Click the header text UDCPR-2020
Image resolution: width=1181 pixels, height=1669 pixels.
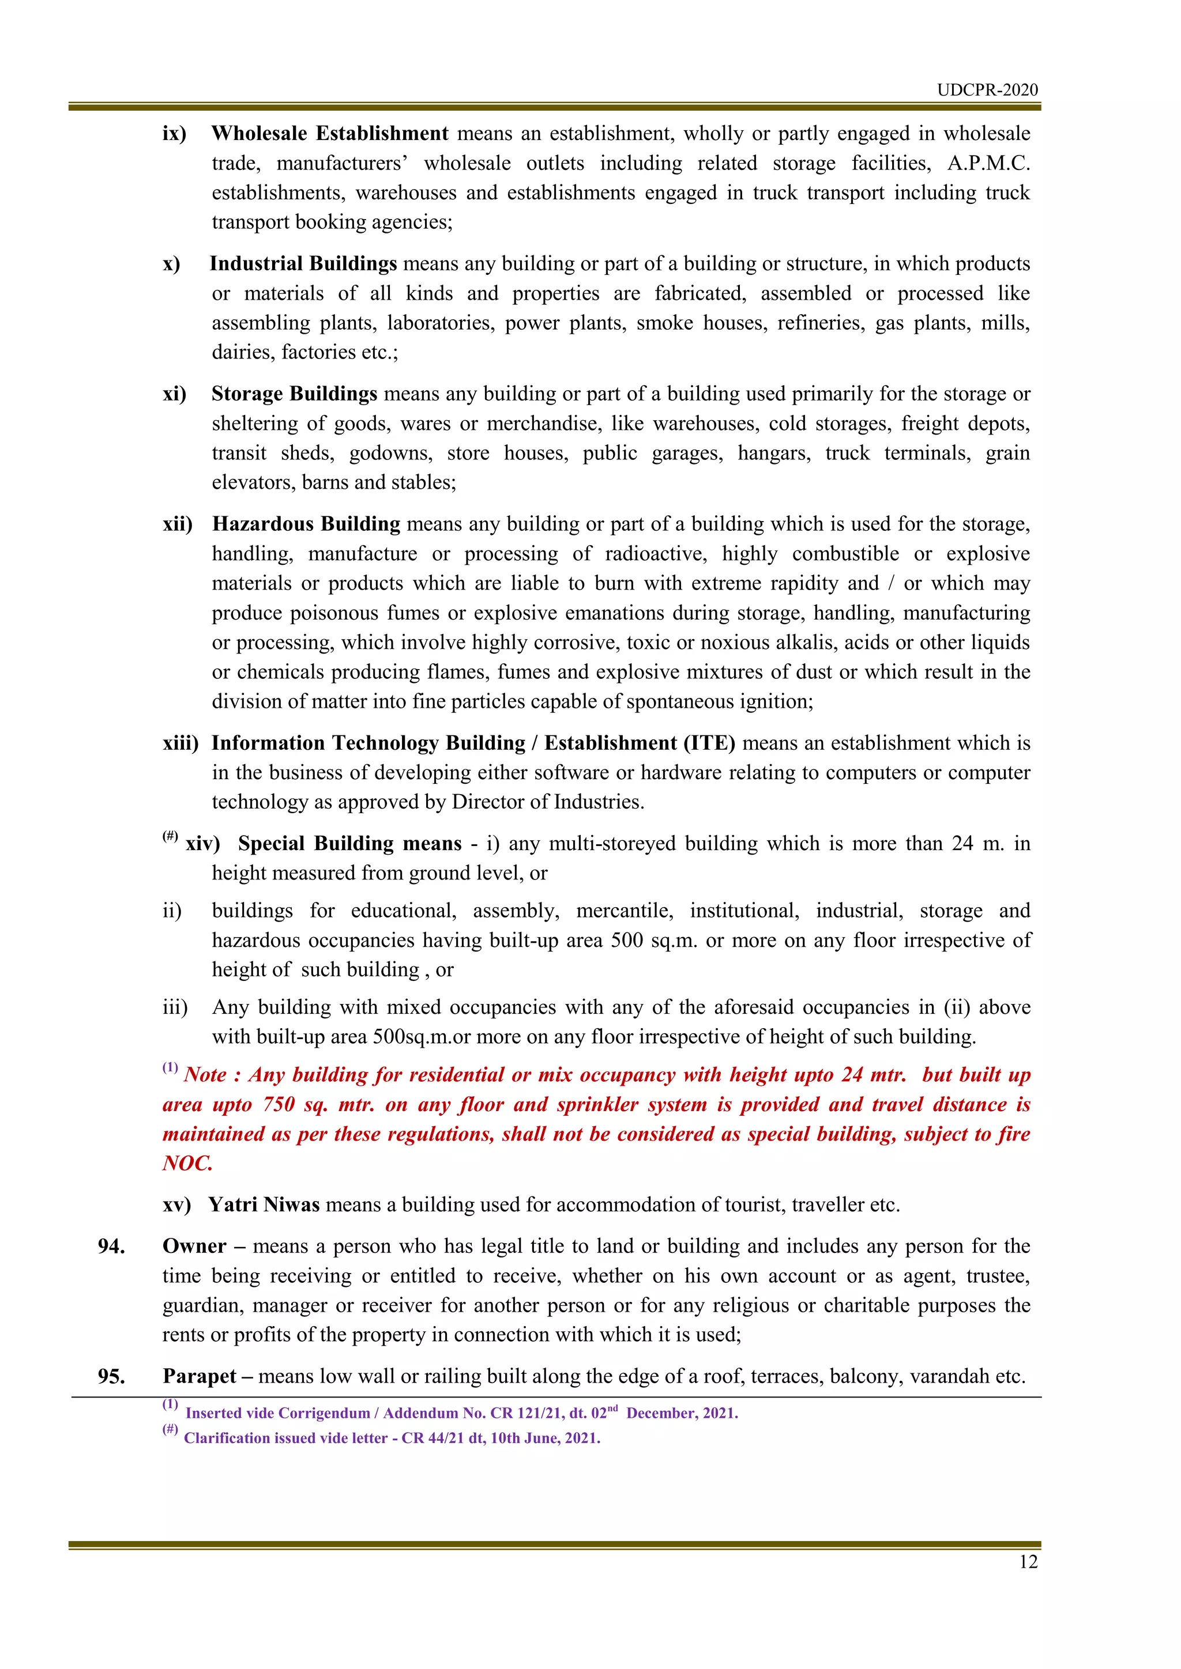click(987, 90)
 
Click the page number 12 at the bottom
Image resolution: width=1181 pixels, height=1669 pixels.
click(1028, 1562)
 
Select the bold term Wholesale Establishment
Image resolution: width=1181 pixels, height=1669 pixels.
click(329, 134)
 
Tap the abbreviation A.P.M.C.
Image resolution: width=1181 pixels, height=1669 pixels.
click(988, 164)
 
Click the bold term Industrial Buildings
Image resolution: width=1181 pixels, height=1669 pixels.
click(303, 264)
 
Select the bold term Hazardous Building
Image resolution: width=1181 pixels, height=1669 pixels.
click(306, 524)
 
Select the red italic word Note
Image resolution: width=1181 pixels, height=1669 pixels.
click(205, 1075)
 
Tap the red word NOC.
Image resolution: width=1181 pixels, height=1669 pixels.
click(187, 1164)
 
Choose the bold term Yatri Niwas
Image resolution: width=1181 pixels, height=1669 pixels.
click(264, 1205)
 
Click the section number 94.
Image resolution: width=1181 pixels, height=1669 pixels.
click(111, 1247)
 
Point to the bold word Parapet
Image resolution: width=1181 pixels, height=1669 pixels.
click(200, 1377)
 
